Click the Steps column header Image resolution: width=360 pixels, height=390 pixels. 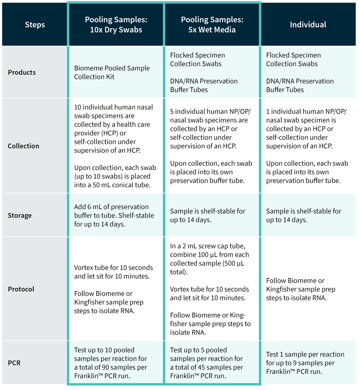pyautogui.click(x=35, y=24)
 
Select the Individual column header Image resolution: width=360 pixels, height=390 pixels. pyautogui.click(x=308, y=24)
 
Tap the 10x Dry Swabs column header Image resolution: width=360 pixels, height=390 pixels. pyautogui.click(x=116, y=24)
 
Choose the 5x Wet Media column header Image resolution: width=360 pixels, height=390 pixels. pyautogui.click(x=212, y=24)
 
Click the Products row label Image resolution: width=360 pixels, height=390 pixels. pyautogui.click(x=22, y=73)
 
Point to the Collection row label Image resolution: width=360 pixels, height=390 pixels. pyautogui.click(x=23, y=146)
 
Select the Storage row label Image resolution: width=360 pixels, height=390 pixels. pyautogui.click(x=20, y=215)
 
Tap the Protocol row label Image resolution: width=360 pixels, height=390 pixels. pyautogui.click(x=21, y=289)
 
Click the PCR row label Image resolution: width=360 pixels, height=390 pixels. pyautogui.click(x=14, y=363)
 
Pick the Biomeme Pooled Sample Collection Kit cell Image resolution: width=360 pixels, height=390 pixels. pyautogui.click(x=116, y=72)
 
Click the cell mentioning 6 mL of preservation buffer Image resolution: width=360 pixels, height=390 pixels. pyautogui.click(x=116, y=215)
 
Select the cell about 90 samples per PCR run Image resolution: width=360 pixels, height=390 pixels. pyautogui.click(x=116, y=363)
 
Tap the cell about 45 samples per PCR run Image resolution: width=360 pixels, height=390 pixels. pyautogui.click(x=212, y=363)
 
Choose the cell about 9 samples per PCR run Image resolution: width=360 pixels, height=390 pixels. pyautogui.click(x=308, y=363)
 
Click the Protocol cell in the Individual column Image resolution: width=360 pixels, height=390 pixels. pyautogui.click(x=308, y=289)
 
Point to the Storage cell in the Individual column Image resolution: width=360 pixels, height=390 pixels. pyautogui.click(x=308, y=215)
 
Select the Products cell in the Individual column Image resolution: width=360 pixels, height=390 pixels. pyautogui.click(x=308, y=72)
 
